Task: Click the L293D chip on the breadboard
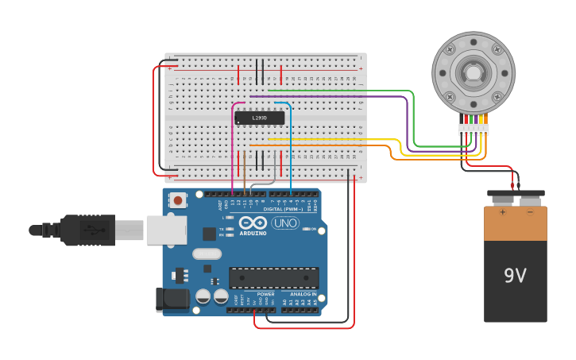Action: (x=259, y=118)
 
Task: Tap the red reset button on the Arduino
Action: (x=178, y=200)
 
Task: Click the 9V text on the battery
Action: (x=515, y=276)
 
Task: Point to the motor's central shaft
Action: (x=473, y=72)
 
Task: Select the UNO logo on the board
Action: (x=285, y=223)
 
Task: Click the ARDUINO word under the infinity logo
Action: (x=253, y=233)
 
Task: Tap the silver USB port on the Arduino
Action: (x=167, y=230)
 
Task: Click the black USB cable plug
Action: (x=87, y=230)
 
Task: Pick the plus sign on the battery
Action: (x=502, y=212)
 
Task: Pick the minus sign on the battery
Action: (x=530, y=212)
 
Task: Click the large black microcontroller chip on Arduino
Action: (x=274, y=277)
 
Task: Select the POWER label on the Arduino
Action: (x=265, y=294)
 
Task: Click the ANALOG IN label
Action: (x=303, y=294)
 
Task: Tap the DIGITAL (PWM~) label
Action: (x=283, y=209)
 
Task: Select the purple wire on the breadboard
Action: (x=334, y=97)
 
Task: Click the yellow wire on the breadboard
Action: (x=334, y=139)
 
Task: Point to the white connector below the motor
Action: (x=474, y=129)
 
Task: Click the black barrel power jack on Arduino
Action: (x=172, y=300)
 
